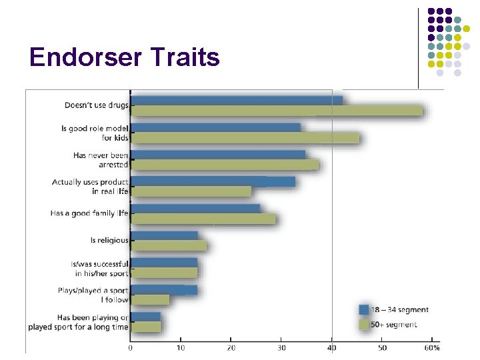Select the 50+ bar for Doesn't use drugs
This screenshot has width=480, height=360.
[x=277, y=111]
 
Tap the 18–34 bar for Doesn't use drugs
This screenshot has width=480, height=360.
[x=237, y=101]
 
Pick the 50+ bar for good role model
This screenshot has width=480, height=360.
[x=245, y=138]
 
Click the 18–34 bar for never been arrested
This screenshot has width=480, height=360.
[x=218, y=155]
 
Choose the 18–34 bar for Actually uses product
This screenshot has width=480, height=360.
[x=213, y=181]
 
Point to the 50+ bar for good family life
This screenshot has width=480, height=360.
[x=203, y=219]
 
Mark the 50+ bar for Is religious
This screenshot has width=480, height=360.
[x=169, y=246]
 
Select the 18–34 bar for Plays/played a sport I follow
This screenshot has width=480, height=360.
[x=164, y=290]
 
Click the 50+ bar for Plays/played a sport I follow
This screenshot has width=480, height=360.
[x=150, y=300]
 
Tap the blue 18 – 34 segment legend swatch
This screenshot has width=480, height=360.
[x=364, y=309]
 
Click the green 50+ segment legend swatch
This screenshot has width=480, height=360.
[x=364, y=325]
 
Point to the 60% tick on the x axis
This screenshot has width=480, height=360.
[x=432, y=348]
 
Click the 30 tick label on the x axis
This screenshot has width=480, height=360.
[x=281, y=348]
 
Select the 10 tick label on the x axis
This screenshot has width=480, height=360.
[x=181, y=348]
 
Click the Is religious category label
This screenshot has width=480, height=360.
[x=109, y=241]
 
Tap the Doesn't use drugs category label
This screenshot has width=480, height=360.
[x=96, y=105]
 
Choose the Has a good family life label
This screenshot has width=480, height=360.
[x=89, y=213]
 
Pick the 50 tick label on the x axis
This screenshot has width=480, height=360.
[x=382, y=348]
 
